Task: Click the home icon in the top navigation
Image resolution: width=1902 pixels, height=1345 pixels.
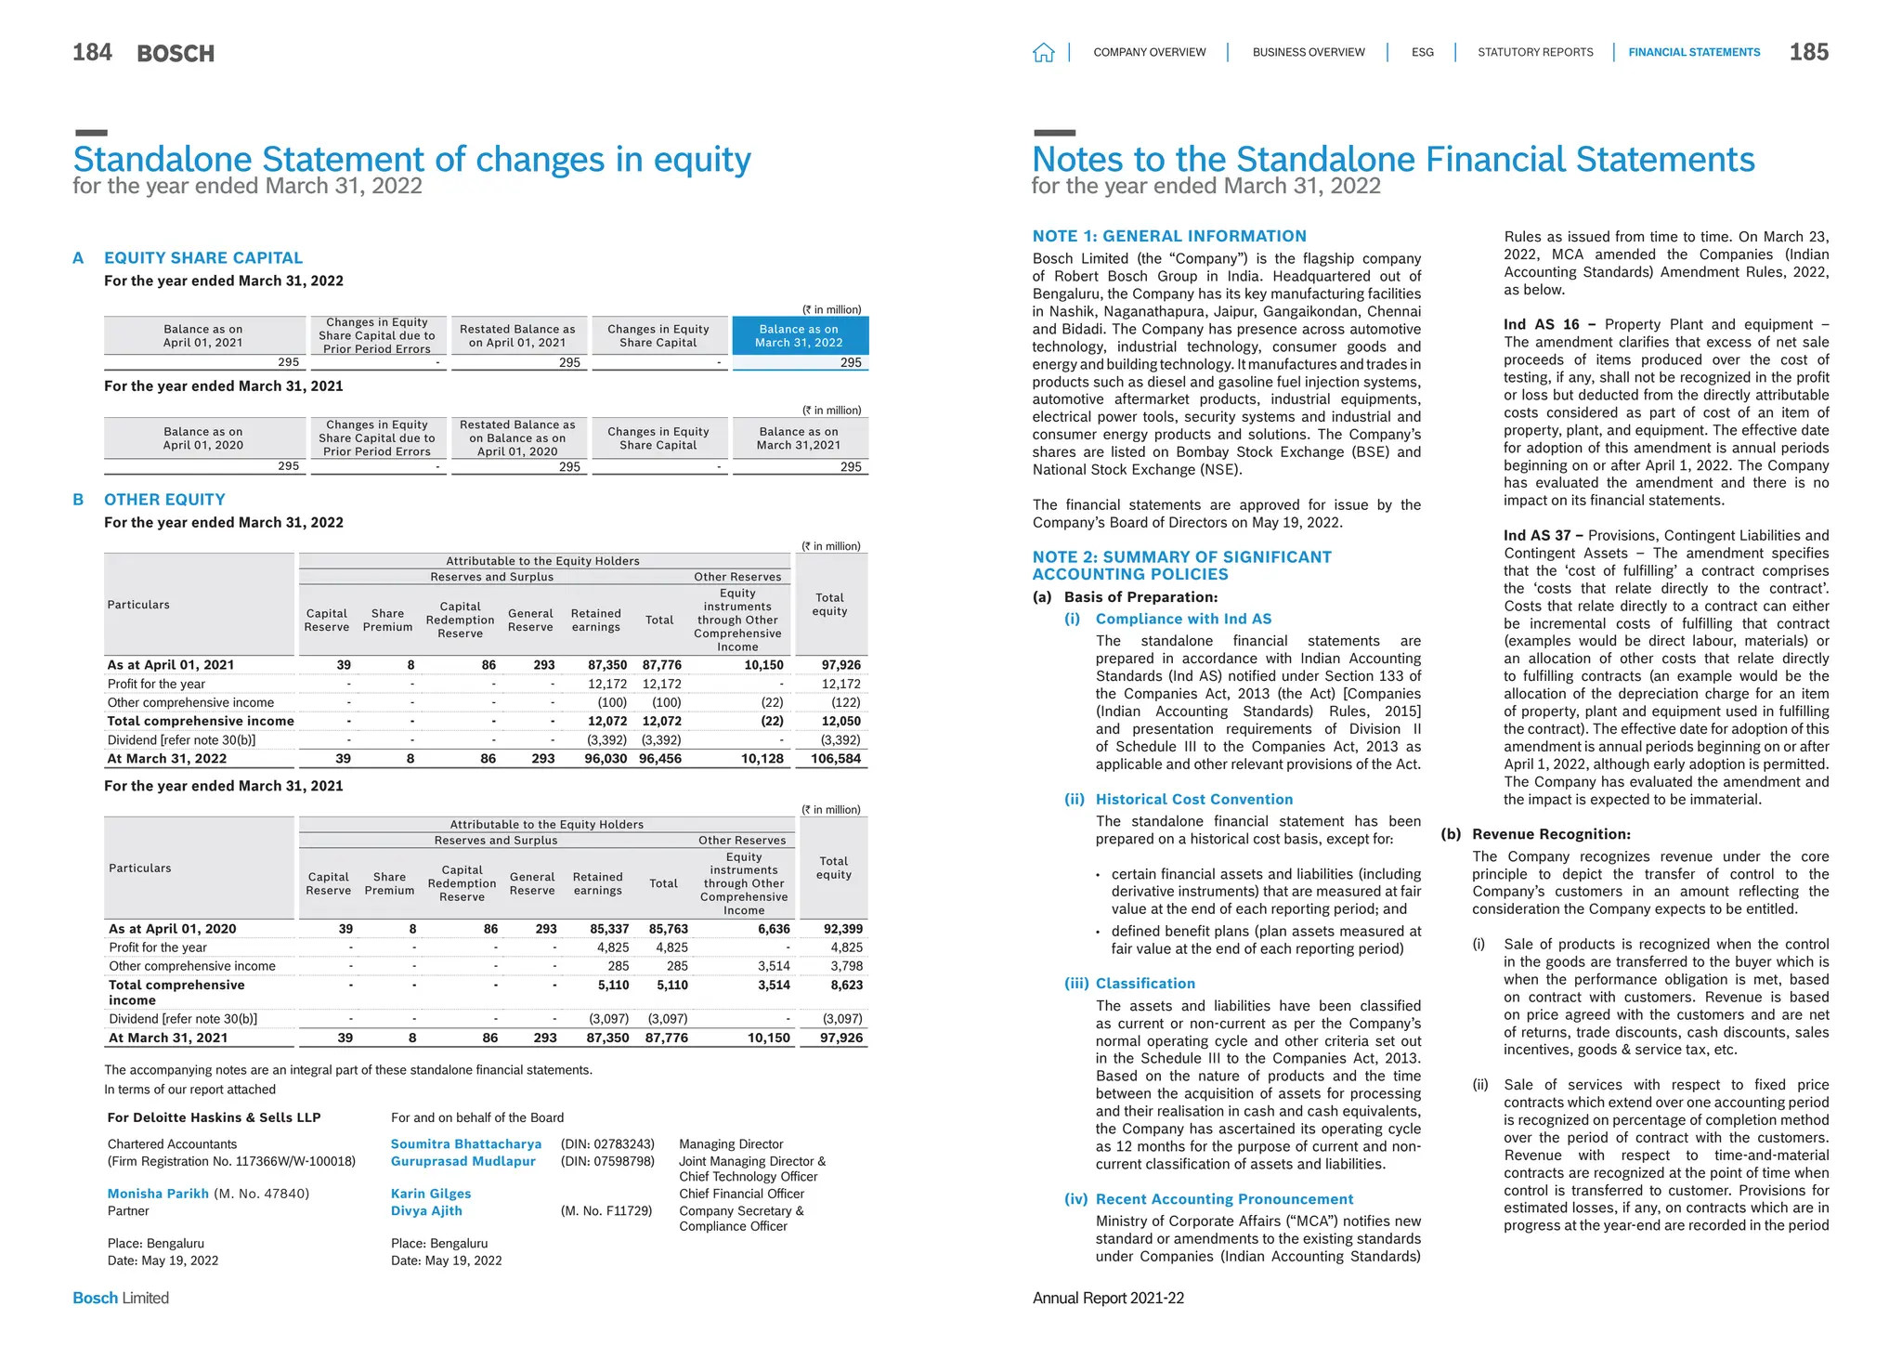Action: coord(1043,53)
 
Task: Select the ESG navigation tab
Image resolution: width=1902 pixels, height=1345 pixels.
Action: coord(1422,53)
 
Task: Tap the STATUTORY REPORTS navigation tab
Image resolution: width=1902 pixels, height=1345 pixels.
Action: coord(1535,53)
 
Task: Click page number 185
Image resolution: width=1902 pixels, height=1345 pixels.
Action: coord(1808,53)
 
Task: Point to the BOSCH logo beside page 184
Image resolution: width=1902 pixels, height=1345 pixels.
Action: coord(176,54)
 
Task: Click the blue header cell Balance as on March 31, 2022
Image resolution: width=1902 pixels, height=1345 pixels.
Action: coord(800,336)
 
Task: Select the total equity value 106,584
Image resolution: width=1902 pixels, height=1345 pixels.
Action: coord(835,759)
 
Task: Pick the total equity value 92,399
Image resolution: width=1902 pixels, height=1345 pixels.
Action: coord(842,929)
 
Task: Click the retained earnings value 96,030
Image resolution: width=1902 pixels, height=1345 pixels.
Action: coord(605,759)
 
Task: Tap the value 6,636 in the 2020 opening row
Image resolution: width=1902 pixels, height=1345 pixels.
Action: coord(774,929)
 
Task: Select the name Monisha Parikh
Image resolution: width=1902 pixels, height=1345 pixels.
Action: coord(158,1194)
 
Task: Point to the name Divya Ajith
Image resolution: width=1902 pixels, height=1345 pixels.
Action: coord(426,1211)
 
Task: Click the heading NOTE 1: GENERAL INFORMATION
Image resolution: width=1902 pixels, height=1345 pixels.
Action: coord(1169,237)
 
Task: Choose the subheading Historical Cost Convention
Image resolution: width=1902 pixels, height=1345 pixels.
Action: coord(1193,800)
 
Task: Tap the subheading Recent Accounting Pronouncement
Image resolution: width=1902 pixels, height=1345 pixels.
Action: coord(1224,1200)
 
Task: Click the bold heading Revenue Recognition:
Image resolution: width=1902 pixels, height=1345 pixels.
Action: coord(1551,835)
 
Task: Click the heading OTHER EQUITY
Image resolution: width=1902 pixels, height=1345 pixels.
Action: coord(164,500)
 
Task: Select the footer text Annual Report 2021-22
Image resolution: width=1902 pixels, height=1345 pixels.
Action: coord(1108,1299)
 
